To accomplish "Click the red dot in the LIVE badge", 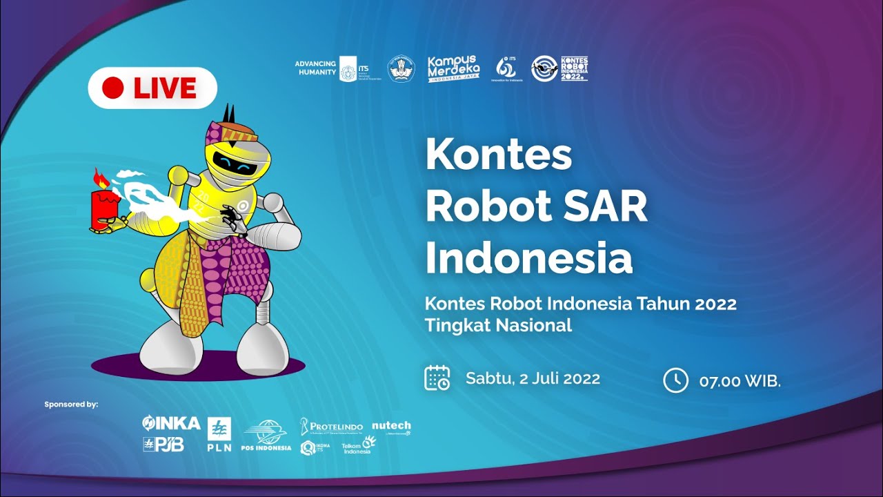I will [x=112, y=88].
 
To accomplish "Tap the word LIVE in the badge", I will [x=165, y=88].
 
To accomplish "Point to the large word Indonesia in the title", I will [x=528, y=258].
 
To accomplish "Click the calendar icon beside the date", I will [x=437, y=378].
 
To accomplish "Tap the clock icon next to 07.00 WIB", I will [x=675, y=380].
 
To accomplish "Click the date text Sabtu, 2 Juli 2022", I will [x=533, y=378].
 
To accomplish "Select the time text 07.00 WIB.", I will [x=740, y=380].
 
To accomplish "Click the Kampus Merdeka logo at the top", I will [x=453, y=69].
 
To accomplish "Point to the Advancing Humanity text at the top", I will [x=315, y=68].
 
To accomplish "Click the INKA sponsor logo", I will [x=171, y=422].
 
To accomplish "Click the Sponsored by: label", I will [x=71, y=404].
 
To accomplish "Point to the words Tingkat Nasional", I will [x=498, y=325].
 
